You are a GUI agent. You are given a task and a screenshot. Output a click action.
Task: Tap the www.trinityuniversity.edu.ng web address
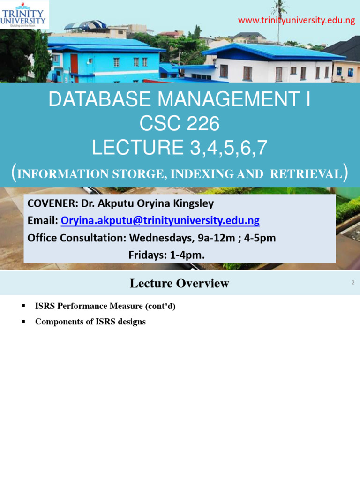pos(296,21)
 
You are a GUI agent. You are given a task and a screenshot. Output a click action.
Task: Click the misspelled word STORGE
pos(141,174)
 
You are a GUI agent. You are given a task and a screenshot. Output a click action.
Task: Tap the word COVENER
pos(50,204)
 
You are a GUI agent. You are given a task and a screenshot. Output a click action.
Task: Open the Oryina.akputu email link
pos(160,221)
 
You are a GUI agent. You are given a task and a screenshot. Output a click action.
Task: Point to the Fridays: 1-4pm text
pos(166,255)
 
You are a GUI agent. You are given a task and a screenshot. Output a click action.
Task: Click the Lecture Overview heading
pos(180,283)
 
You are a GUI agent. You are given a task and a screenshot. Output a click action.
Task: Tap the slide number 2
pos(352,283)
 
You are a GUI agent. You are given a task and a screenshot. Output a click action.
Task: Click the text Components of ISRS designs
pos(90,322)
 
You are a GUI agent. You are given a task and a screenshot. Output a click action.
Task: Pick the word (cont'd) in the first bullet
pos(160,306)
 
